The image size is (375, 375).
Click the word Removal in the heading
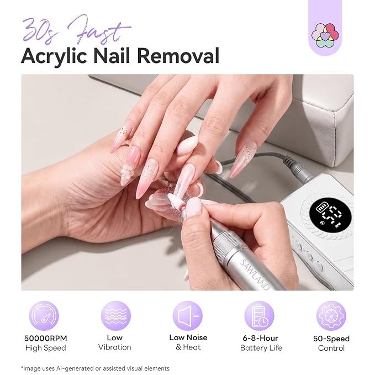[178, 55]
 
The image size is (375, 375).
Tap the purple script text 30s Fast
[76, 30]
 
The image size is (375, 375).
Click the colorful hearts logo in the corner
[325, 35]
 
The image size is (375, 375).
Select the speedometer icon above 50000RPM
[44, 316]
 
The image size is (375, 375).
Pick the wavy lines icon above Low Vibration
[116, 316]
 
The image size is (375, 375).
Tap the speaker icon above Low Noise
[188, 316]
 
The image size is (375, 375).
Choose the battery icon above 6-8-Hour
[259, 316]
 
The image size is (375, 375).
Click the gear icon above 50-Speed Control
[331, 316]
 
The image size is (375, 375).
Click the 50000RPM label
[46, 339]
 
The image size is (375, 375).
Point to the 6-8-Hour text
[261, 338]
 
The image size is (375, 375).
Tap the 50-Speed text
[331, 339]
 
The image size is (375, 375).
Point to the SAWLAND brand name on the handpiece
[254, 274]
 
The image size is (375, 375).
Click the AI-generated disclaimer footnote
[95, 368]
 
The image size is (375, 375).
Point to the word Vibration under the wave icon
[115, 347]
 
